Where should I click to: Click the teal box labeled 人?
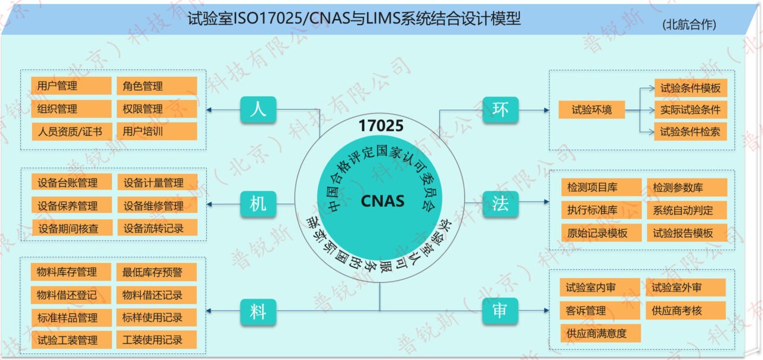258,109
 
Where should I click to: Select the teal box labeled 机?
258,204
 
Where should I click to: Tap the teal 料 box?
258,311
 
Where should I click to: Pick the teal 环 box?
500,109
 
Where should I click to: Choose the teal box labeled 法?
500,204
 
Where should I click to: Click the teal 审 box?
500,311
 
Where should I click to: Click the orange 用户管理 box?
71,85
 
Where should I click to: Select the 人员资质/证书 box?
72,132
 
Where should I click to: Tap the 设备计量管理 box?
157,182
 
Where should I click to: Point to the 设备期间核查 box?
73,228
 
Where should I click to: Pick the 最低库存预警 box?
156,272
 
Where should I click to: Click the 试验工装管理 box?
72,340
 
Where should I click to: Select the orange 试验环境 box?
592,110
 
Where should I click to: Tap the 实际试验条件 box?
691,110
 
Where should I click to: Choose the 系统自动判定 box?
687,210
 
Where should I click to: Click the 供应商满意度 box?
600,333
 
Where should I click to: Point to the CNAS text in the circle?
383,201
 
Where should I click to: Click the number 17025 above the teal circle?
381,126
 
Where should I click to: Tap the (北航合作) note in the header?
690,24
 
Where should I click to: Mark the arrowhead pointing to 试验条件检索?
652,132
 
